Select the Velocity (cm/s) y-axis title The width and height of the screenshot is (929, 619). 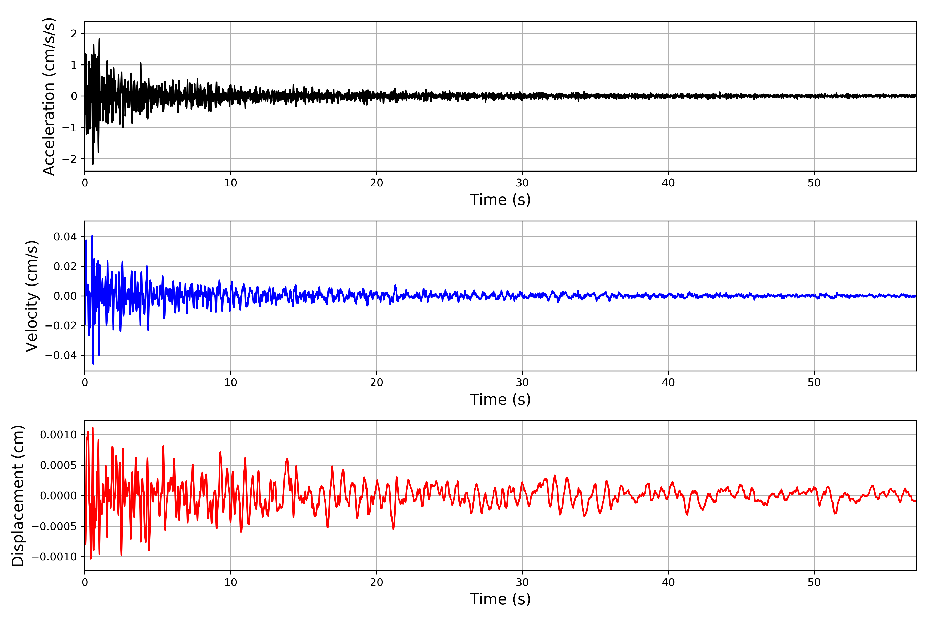(31, 296)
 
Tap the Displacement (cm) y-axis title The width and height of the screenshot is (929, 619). (18, 496)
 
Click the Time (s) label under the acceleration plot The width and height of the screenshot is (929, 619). (500, 200)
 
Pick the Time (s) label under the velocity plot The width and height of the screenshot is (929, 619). (500, 400)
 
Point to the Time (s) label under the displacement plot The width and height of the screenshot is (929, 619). (500, 599)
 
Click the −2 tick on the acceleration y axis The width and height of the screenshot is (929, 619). (69, 159)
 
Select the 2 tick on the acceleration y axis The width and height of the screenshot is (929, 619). (74, 34)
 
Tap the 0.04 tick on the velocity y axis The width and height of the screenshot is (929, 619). (65, 237)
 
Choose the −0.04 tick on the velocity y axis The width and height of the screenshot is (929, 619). (61, 355)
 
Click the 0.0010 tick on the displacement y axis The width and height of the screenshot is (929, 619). (59, 435)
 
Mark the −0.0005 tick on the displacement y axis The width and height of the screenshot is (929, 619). (54, 526)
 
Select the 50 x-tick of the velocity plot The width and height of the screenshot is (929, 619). (814, 382)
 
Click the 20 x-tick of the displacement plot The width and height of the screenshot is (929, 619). (377, 582)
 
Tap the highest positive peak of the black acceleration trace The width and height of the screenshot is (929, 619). (99, 39)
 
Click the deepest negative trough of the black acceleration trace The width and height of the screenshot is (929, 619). (93, 164)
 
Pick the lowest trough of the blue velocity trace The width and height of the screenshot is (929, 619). (93, 364)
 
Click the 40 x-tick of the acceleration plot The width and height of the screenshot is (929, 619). (668, 183)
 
